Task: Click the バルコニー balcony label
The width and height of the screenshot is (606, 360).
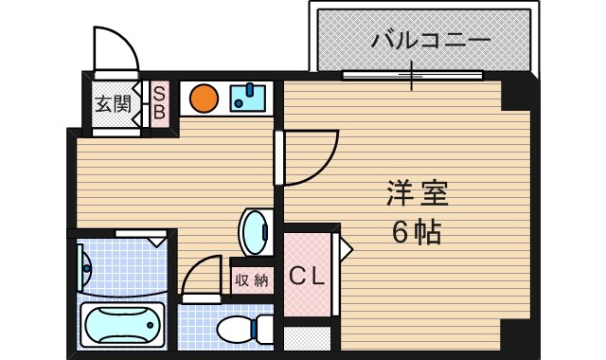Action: pyautogui.click(x=431, y=41)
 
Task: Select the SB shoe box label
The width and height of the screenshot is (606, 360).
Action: pyautogui.click(x=160, y=102)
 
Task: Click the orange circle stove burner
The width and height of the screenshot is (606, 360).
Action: pyautogui.click(x=202, y=99)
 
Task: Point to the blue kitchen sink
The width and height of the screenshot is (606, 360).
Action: pyautogui.click(x=250, y=97)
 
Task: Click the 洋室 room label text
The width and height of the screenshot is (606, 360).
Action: pyautogui.click(x=416, y=194)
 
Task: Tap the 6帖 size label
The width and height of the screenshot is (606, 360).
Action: pyautogui.click(x=416, y=231)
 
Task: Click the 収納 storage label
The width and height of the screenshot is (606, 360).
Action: pyautogui.click(x=252, y=279)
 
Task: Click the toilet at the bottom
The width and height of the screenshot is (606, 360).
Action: pyautogui.click(x=242, y=331)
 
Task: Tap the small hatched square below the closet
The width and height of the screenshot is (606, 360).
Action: pyautogui.click(x=307, y=339)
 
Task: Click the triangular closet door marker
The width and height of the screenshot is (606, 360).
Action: pyautogui.click(x=346, y=249)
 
